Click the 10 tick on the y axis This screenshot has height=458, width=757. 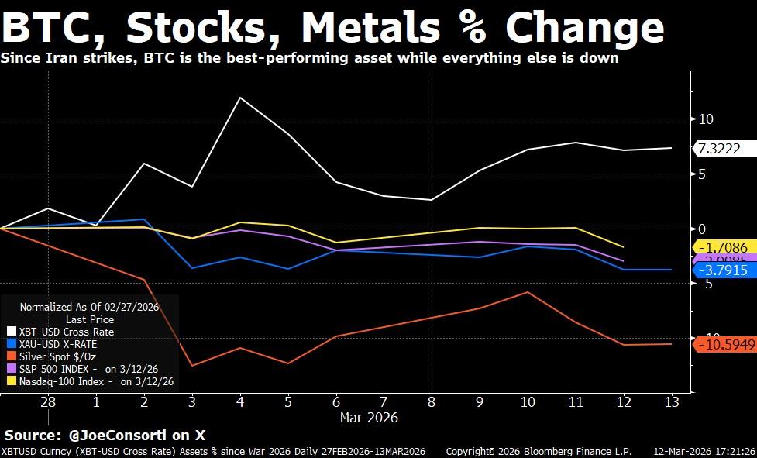[705, 119]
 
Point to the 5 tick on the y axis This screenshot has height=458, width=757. [702, 174]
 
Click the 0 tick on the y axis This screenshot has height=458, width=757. [702, 229]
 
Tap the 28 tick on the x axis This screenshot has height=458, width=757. [48, 401]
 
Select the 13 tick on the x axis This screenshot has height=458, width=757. [671, 401]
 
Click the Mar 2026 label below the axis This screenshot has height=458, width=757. [369, 418]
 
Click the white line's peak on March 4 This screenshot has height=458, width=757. [240, 97]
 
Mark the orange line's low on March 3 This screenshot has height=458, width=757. [192, 365]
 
